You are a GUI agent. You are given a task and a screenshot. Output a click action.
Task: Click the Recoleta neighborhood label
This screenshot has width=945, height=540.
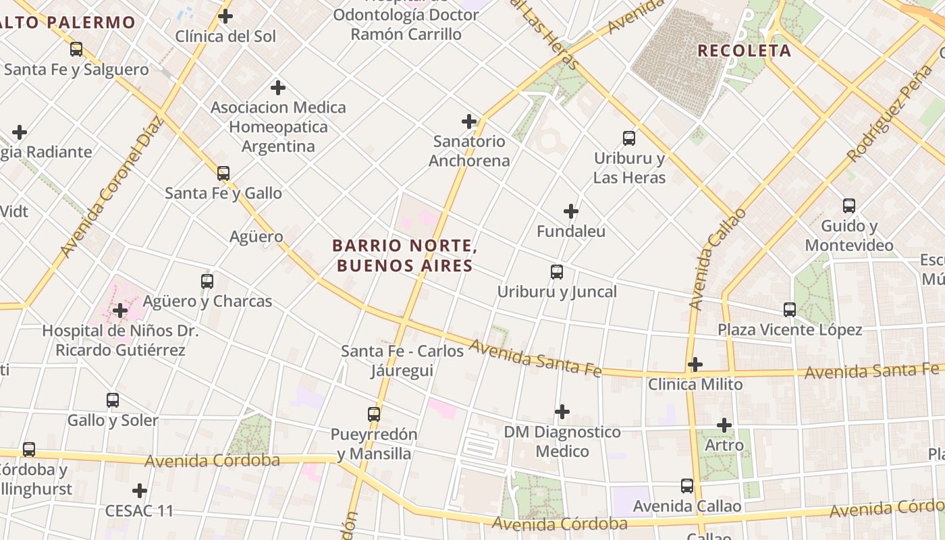pyautogui.click(x=744, y=51)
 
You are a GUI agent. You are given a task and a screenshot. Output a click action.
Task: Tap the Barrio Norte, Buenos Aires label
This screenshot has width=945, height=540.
pyautogui.click(x=404, y=255)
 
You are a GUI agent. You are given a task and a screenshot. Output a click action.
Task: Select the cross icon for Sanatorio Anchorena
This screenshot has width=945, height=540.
pyautogui.click(x=469, y=122)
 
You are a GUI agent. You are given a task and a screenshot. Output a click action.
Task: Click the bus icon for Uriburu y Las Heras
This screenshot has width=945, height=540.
pyautogui.click(x=629, y=138)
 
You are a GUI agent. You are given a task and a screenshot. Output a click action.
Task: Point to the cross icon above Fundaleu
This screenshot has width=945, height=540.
pyautogui.click(x=571, y=211)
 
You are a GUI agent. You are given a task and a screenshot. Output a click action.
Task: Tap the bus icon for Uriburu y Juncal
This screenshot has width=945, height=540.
pyautogui.click(x=557, y=272)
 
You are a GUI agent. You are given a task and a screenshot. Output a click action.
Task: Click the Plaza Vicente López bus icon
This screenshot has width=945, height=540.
pyautogui.click(x=790, y=310)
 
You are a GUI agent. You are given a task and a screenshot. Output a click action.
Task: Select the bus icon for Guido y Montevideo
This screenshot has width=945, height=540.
pyautogui.click(x=849, y=206)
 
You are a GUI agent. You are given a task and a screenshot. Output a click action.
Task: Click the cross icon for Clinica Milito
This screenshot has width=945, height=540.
pyautogui.click(x=695, y=364)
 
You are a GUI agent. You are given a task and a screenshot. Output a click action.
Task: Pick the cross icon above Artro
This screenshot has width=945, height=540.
pyautogui.click(x=724, y=425)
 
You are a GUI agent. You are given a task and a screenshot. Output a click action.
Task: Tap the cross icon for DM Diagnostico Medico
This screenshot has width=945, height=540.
pyautogui.click(x=562, y=412)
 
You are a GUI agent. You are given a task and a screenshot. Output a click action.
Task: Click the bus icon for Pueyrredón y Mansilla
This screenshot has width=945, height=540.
pyautogui.click(x=374, y=414)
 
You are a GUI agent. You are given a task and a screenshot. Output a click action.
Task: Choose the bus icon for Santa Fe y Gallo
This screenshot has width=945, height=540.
pyautogui.click(x=223, y=173)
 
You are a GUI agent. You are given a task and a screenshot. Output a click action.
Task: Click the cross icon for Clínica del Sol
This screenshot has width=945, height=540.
pyautogui.click(x=225, y=16)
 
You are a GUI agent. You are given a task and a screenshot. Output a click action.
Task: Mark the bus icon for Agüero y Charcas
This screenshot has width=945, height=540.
pyautogui.click(x=207, y=281)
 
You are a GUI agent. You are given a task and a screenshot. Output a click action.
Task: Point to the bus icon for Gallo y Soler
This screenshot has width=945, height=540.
pyautogui.click(x=113, y=400)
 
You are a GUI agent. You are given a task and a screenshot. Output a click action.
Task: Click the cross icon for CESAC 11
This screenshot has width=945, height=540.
pyautogui.click(x=140, y=491)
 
